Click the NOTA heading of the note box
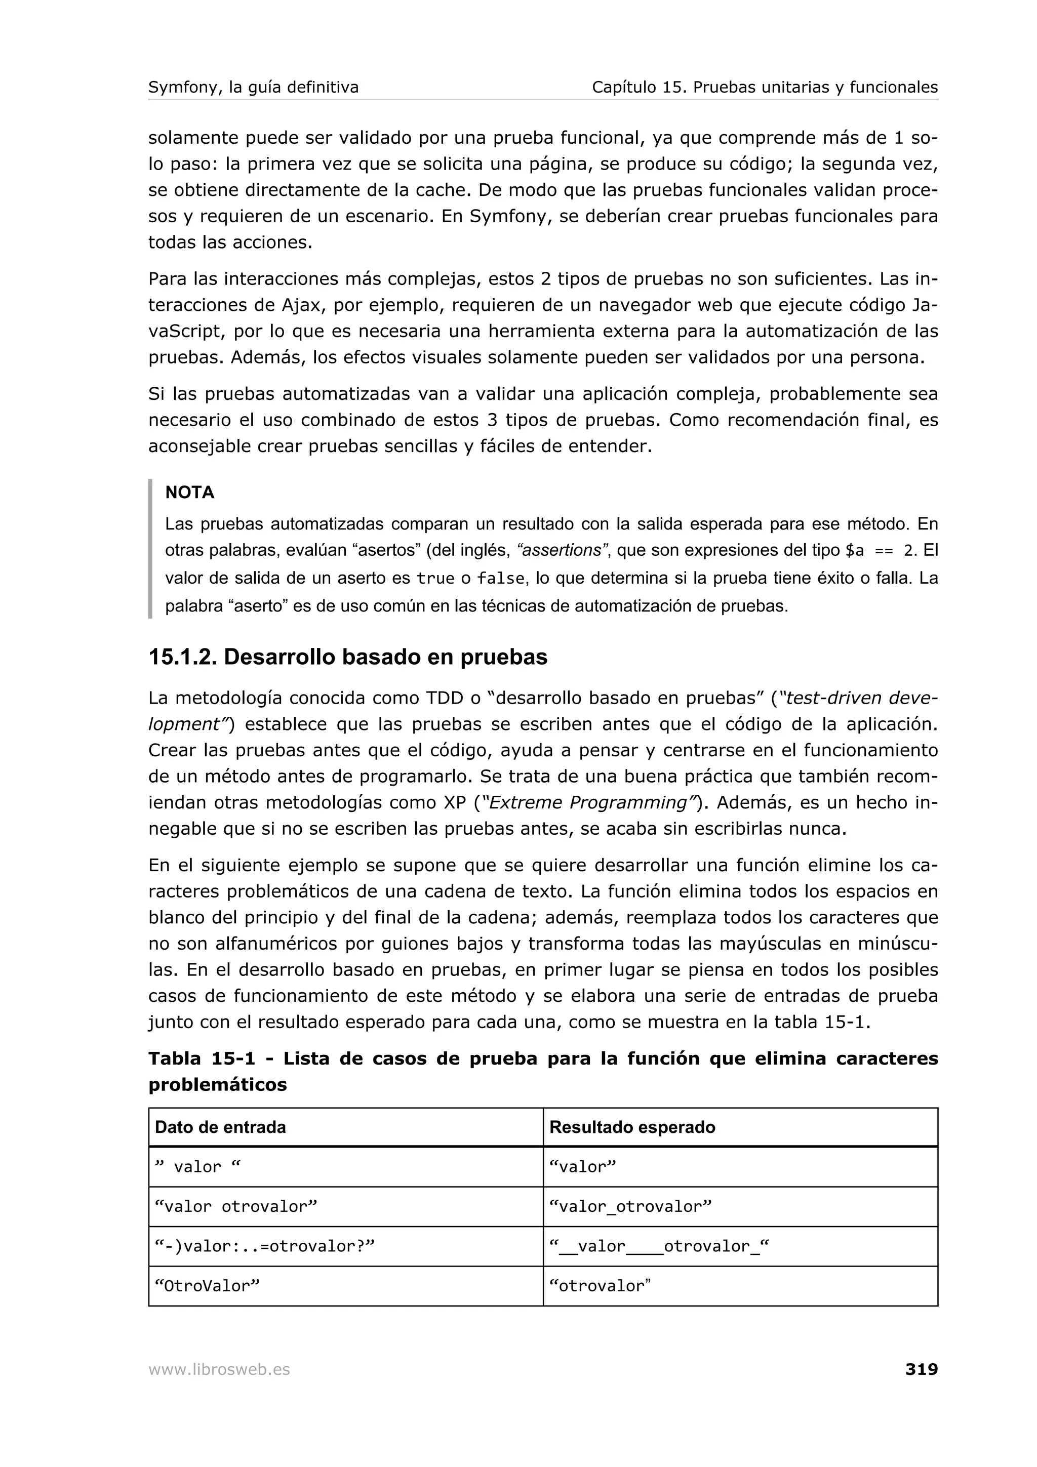coord(189,492)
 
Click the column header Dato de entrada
coord(220,1127)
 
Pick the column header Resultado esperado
coord(632,1127)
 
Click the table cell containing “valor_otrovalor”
coord(630,1206)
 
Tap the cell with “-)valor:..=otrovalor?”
coord(264,1246)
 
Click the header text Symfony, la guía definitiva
coord(253,87)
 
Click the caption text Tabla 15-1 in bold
coord(202,1058)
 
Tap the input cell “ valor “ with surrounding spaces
coord(198,1167)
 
